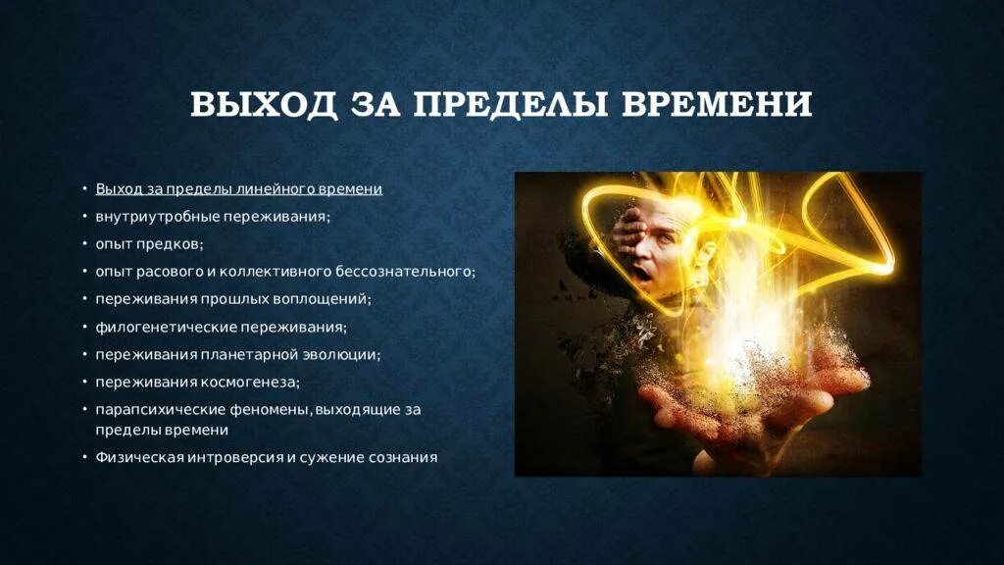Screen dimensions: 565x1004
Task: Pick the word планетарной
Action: coord(257,354)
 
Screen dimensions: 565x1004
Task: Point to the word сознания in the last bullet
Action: coord(402,456)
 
